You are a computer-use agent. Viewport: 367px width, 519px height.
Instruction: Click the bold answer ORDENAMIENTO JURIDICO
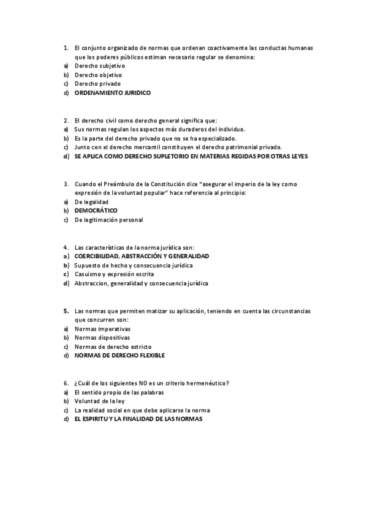(x=112, y=93)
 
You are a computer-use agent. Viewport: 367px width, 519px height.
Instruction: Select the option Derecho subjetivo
(x=99, y=65)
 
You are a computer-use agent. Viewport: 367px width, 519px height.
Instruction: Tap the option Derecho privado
(x=97, y=83)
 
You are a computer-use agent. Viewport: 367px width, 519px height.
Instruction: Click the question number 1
(x=66, y=47)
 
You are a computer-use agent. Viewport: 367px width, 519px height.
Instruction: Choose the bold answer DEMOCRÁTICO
(x=96, y=211)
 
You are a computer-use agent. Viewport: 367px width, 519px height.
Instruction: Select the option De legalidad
(x=91, y=201)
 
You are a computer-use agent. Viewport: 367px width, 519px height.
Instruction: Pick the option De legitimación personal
(x=108, y=220)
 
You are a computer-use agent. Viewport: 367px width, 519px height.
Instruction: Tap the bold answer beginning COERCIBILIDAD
(x=142, y=256)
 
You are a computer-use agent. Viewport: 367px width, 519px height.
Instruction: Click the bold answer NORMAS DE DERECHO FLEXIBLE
(x=119, y=355)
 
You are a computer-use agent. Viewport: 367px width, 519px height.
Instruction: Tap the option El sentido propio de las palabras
(x=119, y=392)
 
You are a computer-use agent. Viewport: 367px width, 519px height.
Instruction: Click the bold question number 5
(x=66, y=310)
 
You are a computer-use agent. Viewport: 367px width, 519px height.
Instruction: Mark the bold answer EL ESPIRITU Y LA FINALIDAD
(x=138, y=419)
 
